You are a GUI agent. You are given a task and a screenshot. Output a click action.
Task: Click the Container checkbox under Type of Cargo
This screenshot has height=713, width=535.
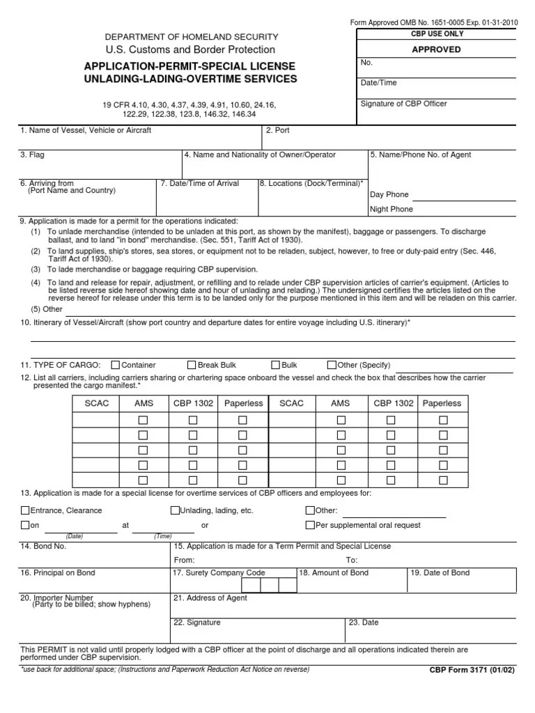116,365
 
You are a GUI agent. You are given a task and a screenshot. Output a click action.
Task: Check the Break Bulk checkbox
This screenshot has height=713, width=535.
192,365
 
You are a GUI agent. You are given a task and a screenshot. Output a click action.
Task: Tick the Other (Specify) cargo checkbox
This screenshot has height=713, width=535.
332,365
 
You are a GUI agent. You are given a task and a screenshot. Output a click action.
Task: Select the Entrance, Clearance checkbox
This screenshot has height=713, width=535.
26,510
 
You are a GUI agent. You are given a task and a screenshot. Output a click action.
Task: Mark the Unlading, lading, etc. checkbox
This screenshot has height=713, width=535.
175,510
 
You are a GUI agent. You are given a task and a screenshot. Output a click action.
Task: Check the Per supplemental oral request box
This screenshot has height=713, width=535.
311,525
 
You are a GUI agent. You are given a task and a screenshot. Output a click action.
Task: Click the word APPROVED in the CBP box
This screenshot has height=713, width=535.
437,49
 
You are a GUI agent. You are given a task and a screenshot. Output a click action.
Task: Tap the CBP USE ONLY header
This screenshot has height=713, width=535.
437,34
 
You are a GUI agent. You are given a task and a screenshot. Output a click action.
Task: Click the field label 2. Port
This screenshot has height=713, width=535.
277,130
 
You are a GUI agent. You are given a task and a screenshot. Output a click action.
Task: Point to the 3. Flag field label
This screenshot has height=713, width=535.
32,155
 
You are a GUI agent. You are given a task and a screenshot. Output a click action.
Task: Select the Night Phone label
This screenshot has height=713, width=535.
391,209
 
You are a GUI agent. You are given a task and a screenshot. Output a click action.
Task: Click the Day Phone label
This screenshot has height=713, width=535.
389,195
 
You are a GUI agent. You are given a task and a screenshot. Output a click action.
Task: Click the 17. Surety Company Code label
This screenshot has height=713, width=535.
219,573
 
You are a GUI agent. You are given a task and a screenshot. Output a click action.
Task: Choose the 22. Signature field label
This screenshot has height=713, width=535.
197,622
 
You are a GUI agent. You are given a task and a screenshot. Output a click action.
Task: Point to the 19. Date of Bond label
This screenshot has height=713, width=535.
440,573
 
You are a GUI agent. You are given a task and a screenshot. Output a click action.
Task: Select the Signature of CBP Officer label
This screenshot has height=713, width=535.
403,104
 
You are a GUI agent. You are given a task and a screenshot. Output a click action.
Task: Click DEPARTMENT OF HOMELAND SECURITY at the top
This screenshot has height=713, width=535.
192,36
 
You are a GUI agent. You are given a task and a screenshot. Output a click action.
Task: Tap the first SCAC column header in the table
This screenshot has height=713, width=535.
97,403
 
